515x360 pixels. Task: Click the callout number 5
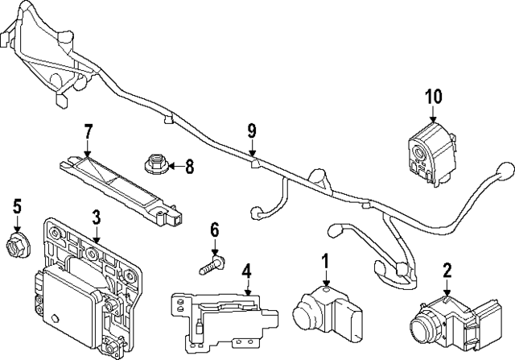(x=16, y=208)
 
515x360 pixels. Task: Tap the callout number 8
(x=189, y=167)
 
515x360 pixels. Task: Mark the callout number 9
(x=252, y=129)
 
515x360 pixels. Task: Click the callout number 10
(x=434, y=97)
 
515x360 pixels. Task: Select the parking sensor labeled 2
(x=439, y=322)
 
